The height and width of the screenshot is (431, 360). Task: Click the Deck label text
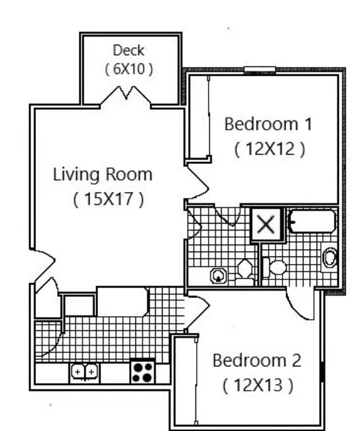pos(128,50)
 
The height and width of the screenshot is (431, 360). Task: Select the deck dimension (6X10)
pos(128,69)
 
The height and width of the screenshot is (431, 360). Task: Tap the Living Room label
pos(102,174)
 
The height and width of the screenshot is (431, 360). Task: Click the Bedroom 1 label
pos(268,124)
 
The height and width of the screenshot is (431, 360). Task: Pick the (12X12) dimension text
pos(270,149)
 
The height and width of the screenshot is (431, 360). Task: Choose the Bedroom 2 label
pos(256,360)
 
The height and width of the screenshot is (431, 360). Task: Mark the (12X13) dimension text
pos(258,385)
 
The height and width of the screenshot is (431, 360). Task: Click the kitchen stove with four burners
pos(142,371)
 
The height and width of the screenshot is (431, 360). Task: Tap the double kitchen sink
pos(84,372)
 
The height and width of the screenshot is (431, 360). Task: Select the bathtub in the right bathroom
pos(312,221)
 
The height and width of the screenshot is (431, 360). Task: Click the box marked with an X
pos(266,224)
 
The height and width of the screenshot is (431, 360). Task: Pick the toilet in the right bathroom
pos(275,268)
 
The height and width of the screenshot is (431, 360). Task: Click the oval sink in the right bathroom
pos(330,257)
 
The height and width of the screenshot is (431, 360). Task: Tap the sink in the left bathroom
pos(218,275)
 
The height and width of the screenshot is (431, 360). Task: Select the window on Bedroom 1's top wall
pos(259,70)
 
